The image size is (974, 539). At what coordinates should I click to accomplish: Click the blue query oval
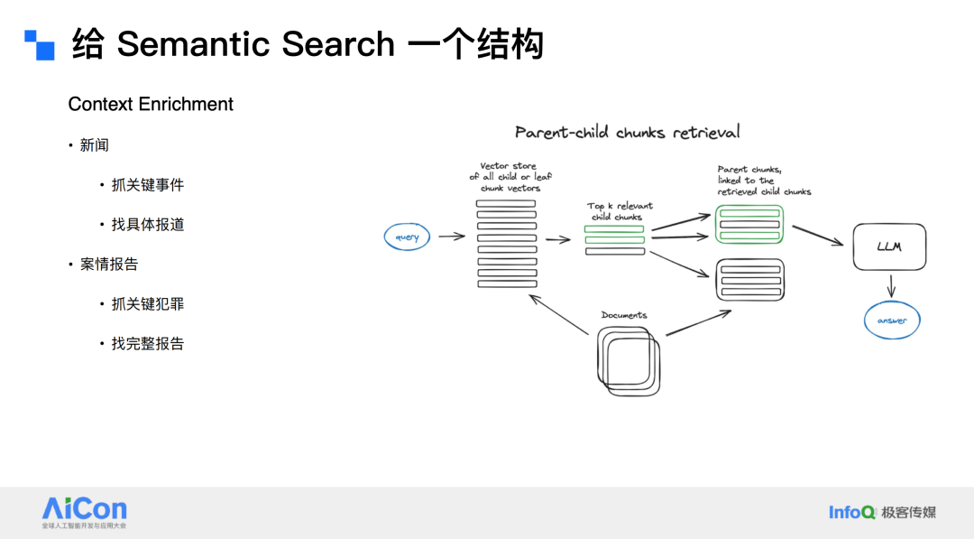click(408, 237)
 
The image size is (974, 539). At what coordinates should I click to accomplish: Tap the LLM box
click(889, 246)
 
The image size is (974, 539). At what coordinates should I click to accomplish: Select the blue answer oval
click(892, 320)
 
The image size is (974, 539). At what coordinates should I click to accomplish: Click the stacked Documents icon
click(629, 359)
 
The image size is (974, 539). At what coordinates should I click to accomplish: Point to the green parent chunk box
click(749, 224)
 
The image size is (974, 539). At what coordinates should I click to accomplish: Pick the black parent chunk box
click(749, 279)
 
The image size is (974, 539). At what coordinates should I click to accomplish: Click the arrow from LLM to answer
click(891, 286)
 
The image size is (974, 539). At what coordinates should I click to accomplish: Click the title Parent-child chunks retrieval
click(627, 132)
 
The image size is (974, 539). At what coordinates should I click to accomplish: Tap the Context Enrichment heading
click(151, 105)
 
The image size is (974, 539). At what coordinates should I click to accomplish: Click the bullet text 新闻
click(95, 145)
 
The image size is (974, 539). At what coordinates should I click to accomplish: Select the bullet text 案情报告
click(109, 265)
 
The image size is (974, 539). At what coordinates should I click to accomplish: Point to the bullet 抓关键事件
click(148, 185)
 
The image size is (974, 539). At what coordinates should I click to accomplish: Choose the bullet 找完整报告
click(148, 344)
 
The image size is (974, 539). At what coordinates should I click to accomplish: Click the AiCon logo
click(85, 510)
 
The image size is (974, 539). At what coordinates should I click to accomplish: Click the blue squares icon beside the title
click(40, 45)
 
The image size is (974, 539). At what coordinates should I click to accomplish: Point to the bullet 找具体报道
click(148, 225)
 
